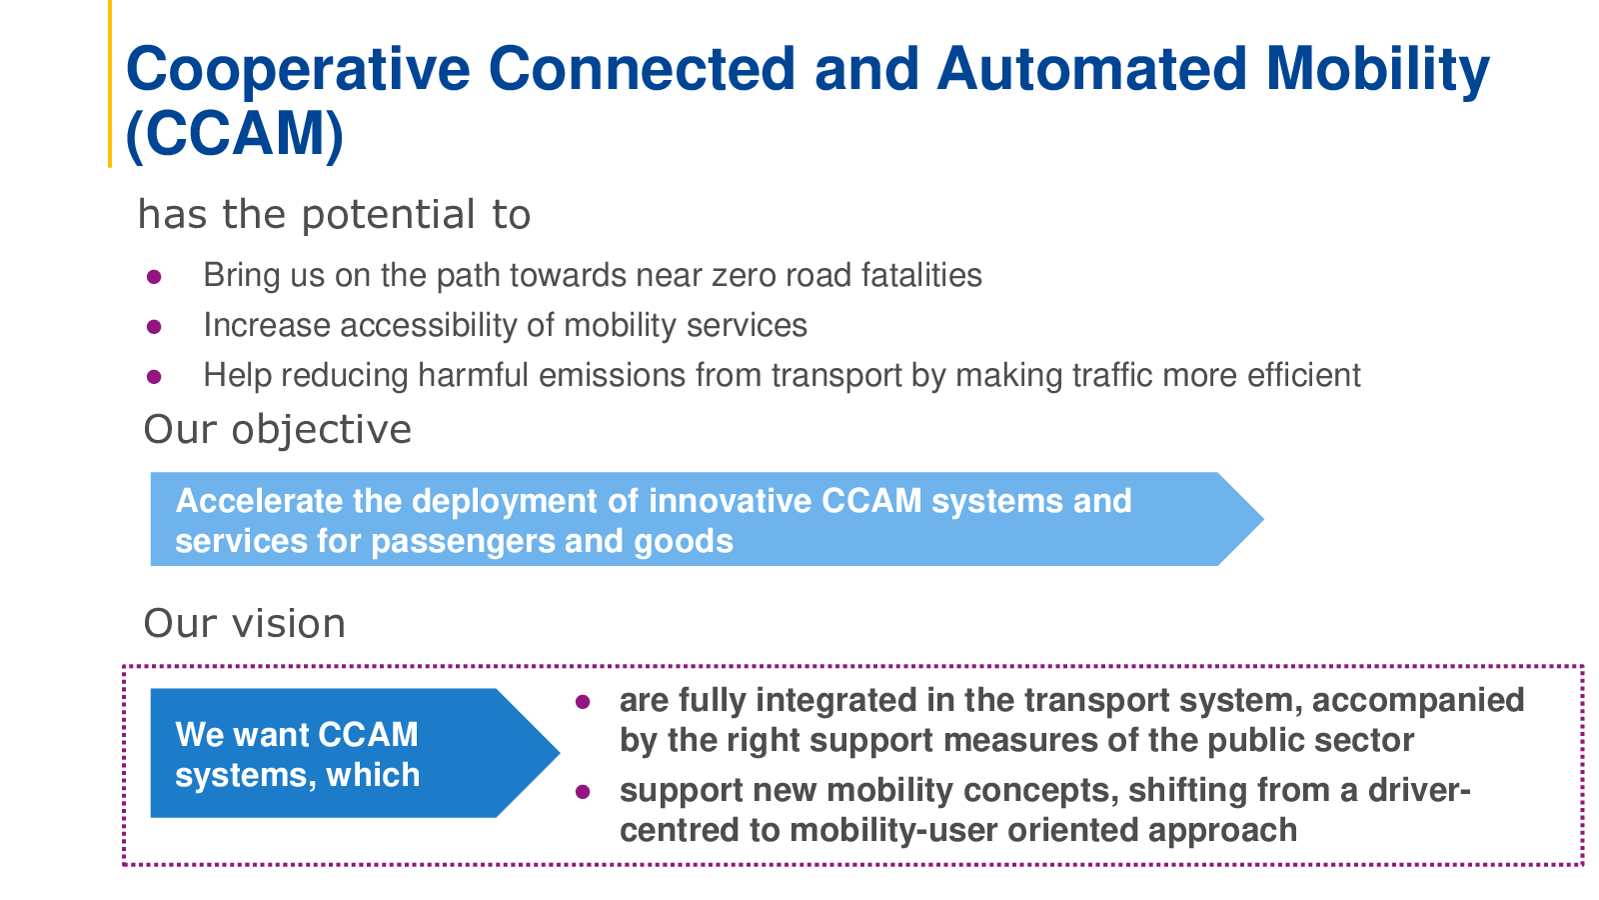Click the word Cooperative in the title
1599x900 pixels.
click(x=298, y=69)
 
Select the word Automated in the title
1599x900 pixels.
click(x=1092, y=69)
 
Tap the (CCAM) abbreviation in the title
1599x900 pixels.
click(x=234, y=134)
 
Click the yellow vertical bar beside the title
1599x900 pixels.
click(x=110, y=84)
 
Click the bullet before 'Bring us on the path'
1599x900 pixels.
click(x=154, y=276)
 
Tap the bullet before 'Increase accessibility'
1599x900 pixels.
click(x=154, y=326)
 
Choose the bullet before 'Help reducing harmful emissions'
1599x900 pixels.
click(x=154, y=376)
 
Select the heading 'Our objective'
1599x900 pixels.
click(x=277, y=430)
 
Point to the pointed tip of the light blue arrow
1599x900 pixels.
click(x=1263, y=519)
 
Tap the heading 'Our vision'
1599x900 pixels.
click(x=244, y=624)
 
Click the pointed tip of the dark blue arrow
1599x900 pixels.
click(x=559, y=752)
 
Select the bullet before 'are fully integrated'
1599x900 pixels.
click(x=583, y=702)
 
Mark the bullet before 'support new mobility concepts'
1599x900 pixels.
click(x=583, y=792)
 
